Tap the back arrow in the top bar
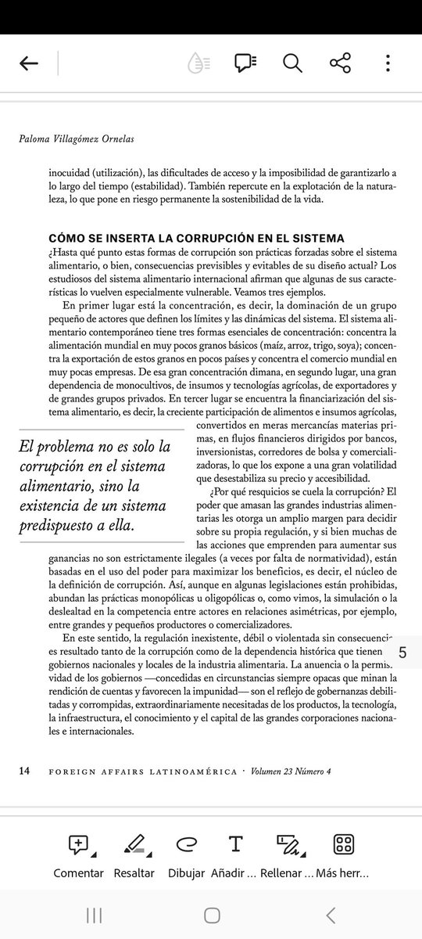pos(29,63)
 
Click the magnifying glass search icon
pos(292,63)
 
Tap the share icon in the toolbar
pos(340,63)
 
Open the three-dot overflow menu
pos(388,63)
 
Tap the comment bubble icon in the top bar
pos(245,63)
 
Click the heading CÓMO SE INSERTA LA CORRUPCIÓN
pos(196,238)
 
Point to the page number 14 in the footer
pos(24,771)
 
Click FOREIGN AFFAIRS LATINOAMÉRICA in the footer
pos(142,772)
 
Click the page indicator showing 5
pos(402,652)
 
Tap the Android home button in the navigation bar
pos(212,916)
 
